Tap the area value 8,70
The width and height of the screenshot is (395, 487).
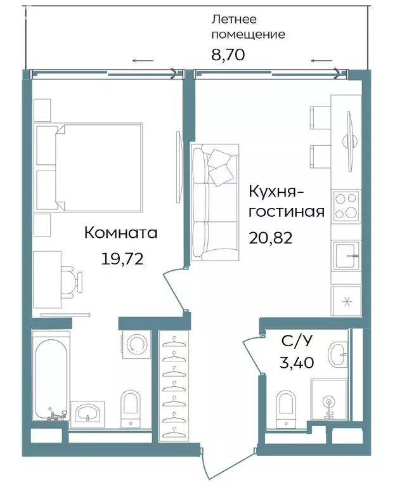(228, 55)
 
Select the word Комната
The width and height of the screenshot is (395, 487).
(120, 233)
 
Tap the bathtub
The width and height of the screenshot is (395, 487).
(50, 380)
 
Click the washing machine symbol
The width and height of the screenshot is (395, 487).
(136, 344)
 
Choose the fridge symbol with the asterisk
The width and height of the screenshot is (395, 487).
(346, 301)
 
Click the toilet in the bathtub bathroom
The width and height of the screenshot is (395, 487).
(131, 406)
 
